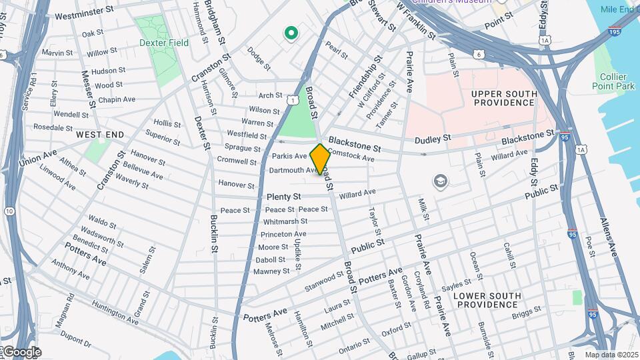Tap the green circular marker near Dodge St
[x=291, y=32]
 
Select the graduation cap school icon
[x=440, y=181]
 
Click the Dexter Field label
[x=164, y=43]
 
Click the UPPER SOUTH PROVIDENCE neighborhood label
[x=503, y=97]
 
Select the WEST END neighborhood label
[x=100, y=135]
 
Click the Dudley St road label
[x=433, y=139]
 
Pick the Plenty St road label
[x=284, y=197]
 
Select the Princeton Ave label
[x=283, y=234]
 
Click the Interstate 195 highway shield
[x=614, y=31]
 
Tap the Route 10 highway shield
[x=9, y=211]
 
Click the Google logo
[x=21, y=352]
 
